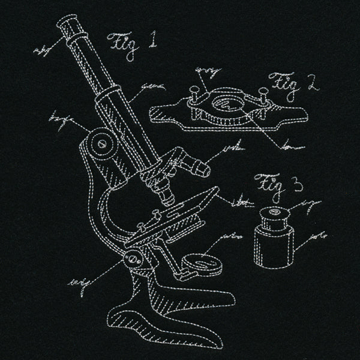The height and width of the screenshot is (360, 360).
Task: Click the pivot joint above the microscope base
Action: [x=134, y=260]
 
